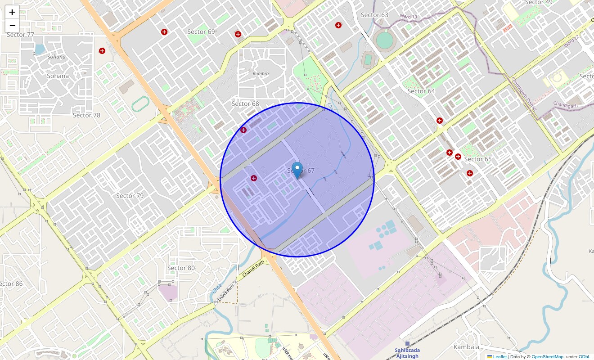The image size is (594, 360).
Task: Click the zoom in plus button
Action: click(12, 13)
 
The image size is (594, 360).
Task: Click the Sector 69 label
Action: click(201, 31)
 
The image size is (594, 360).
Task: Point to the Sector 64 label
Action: click(421, 91)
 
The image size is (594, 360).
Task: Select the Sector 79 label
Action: click(130, 195)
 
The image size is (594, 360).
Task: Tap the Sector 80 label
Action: click(181, 268)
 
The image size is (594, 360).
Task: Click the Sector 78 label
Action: click(86, 115)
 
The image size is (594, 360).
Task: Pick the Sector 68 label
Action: click(245, 103)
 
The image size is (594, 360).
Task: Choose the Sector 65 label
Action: click(478, 159)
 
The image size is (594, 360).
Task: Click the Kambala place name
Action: click(466, 347)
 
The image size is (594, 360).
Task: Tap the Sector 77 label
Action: click(20, 35)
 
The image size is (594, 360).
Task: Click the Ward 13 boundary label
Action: click(408, 17)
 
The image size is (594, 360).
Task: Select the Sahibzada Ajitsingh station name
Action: click(407, 353)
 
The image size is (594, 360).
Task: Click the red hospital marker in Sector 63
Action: click(338, 25)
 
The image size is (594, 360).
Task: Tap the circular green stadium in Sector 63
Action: click(384, 40)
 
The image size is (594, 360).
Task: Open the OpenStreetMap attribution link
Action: click(547, 356)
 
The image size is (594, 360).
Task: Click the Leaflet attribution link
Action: click(499, 356)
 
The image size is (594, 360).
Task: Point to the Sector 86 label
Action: click(11, 283)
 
